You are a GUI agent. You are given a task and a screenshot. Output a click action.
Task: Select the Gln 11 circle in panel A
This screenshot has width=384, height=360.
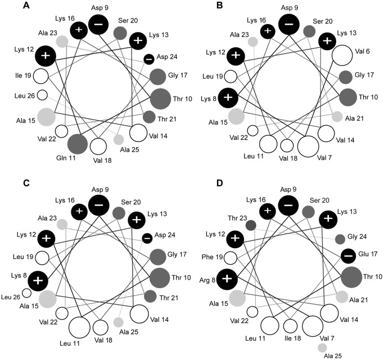[78, 143]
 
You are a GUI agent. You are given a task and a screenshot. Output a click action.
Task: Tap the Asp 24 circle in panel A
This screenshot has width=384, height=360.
[149, 59]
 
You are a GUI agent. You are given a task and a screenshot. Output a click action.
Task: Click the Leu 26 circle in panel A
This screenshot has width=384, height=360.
[42, 95]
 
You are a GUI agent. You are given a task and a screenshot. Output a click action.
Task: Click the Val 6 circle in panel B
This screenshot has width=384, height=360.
[342, 56]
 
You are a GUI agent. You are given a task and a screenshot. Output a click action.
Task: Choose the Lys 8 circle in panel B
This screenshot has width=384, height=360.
[228, 97]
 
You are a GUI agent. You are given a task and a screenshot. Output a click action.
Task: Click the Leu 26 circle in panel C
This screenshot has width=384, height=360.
[27, 292]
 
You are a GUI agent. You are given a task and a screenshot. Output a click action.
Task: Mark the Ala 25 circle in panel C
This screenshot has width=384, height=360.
[119, 322]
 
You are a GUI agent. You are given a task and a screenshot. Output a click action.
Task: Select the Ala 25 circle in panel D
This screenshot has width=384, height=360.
[322, 348]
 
